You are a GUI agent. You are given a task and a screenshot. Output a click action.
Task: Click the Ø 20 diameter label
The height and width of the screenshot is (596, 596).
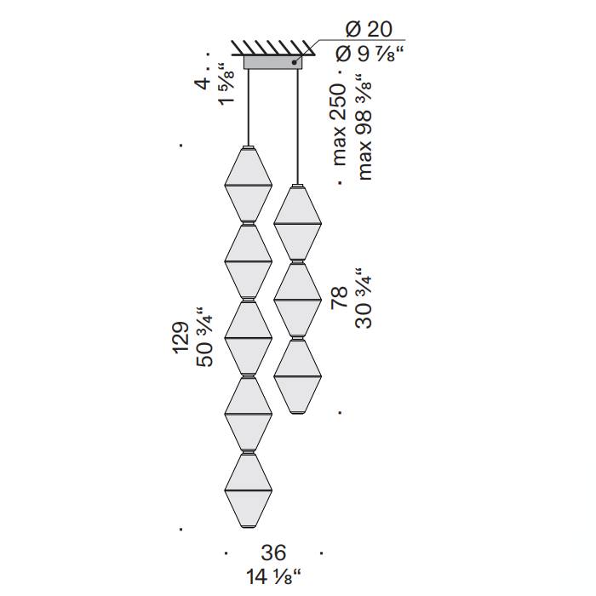click(x=368, y=29)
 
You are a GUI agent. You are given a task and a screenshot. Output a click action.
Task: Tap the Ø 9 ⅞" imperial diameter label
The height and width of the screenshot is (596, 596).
click(x=369, y=54)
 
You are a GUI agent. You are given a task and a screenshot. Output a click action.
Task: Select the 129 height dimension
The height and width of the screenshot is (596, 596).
click(x=181, y=338)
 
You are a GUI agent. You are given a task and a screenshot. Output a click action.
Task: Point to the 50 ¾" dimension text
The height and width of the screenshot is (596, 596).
click(x=204, y=337)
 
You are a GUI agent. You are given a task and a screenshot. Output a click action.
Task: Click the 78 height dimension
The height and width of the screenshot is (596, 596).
click(x=340, y=297)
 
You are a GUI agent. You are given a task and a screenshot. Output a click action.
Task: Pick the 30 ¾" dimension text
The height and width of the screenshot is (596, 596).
click(x=364, y=298)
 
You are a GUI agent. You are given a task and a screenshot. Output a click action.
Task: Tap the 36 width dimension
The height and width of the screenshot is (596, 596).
click(x=273, y=553)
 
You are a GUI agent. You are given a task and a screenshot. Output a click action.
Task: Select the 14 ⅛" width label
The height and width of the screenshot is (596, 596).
click(x=273, y=576)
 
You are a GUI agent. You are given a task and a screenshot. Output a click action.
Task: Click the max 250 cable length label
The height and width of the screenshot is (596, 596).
click(x=340, y=124)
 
